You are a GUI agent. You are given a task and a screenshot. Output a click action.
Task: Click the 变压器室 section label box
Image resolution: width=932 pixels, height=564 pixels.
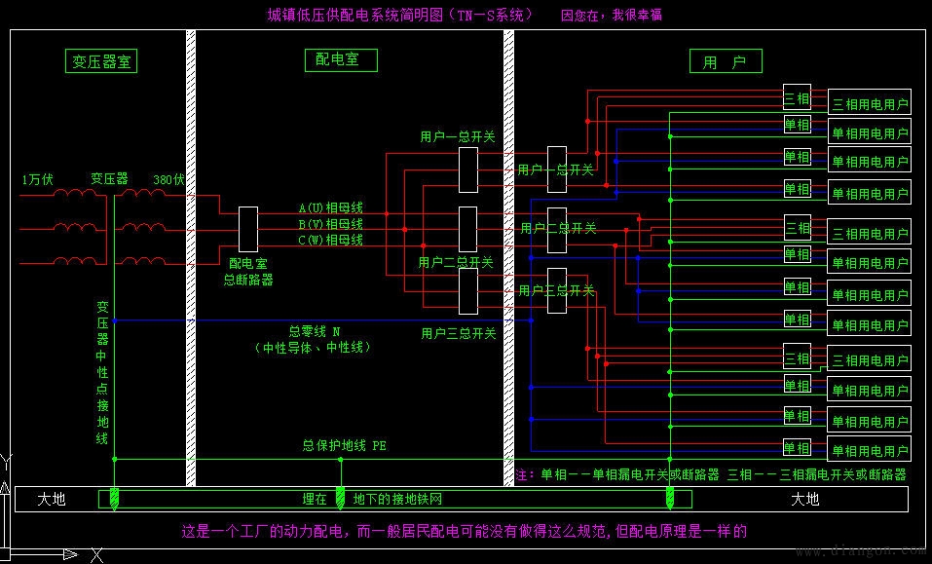point(101,60)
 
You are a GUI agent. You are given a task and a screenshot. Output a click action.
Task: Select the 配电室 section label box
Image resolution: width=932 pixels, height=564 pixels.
point(338,59)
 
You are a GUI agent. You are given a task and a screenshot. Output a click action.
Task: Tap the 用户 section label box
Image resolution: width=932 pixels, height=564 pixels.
point(725,61)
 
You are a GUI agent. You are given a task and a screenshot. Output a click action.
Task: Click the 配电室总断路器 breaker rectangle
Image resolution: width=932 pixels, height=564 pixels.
point(248,230)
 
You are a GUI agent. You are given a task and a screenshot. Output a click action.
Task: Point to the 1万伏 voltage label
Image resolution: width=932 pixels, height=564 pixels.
point(37,179)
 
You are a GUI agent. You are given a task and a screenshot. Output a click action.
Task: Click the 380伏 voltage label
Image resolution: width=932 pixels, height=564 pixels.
point(168,179)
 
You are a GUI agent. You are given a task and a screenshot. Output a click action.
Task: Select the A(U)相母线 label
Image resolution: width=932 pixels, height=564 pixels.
point(330,208)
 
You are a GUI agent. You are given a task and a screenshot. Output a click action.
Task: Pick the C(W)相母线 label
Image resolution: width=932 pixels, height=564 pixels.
point(330,240)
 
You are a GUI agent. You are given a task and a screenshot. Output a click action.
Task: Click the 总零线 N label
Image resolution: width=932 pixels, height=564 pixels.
point(315,331)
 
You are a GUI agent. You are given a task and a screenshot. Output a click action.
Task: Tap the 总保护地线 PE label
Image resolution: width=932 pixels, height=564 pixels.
point(344,445)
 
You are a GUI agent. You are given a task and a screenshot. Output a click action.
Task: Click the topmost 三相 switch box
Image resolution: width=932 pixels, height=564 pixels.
point(797,98)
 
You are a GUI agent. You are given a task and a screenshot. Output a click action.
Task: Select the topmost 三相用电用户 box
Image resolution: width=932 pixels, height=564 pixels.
point(870,104)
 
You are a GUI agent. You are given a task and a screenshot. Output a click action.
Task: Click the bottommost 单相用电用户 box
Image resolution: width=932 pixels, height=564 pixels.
point(870,451)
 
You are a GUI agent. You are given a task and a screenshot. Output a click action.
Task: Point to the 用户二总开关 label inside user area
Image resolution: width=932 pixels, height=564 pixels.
point(558,228)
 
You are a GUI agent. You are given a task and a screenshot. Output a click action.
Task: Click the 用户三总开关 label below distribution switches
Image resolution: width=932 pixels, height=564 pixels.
point(459,333)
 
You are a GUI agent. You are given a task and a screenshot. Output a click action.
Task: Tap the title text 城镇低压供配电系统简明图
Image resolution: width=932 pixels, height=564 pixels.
point(399,15)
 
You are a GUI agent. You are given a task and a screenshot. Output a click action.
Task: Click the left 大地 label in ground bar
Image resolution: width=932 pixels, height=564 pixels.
point(52,499)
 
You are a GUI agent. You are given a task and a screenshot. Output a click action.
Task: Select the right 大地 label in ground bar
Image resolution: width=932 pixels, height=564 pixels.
point(804,499)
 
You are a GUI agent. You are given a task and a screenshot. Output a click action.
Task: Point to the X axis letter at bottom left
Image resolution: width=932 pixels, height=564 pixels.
point(96,555)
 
